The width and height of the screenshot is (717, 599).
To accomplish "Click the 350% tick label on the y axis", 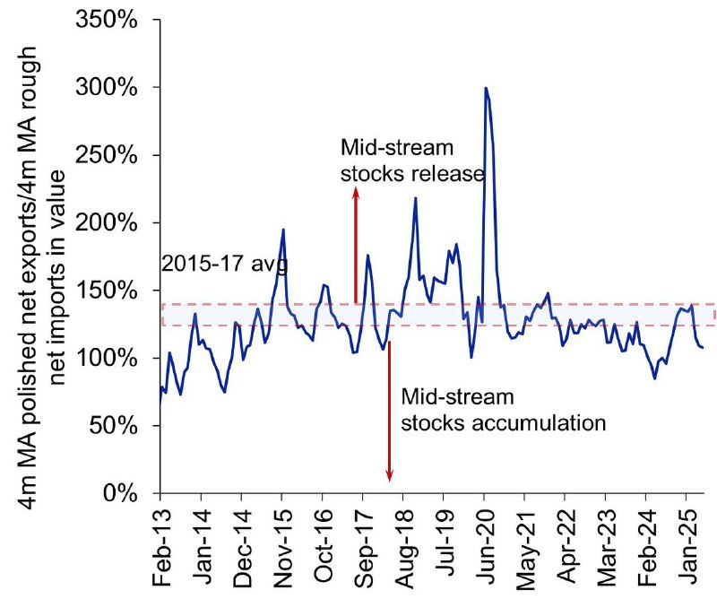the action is (x=106, y=20).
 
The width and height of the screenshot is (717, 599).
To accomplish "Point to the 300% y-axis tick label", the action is (x=106, y=87).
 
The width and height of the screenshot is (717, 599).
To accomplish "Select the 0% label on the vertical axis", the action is (x=120, y=493).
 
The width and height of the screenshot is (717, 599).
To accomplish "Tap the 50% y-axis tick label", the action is (x=113, y=426).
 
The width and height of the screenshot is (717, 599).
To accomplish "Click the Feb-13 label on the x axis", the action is (x=161, y=547).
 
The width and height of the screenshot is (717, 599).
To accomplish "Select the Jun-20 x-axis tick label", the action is (x=485, y=546).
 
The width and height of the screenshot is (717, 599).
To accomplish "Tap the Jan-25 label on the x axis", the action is (x=687, y=545).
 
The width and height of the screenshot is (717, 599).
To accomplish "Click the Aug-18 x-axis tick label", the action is (x=404, y=548).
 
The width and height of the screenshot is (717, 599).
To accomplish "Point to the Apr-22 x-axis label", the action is (x=566, y=546).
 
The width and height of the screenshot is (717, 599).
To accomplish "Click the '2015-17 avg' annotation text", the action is (x=225, y=264).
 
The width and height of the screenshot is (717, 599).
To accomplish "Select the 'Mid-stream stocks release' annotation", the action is (x=412, y=161).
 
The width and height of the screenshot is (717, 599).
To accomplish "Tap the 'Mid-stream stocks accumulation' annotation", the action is (x=504, y=410).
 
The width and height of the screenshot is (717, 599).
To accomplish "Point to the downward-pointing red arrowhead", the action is (x=389, y=477).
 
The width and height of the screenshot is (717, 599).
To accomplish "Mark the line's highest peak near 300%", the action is (x=486, y=87).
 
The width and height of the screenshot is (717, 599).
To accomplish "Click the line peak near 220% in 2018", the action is (x=415, y=197).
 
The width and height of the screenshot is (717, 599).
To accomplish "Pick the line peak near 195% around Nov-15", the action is (x=283, y=230).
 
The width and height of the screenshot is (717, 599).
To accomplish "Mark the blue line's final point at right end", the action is (x=703, y=348).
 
